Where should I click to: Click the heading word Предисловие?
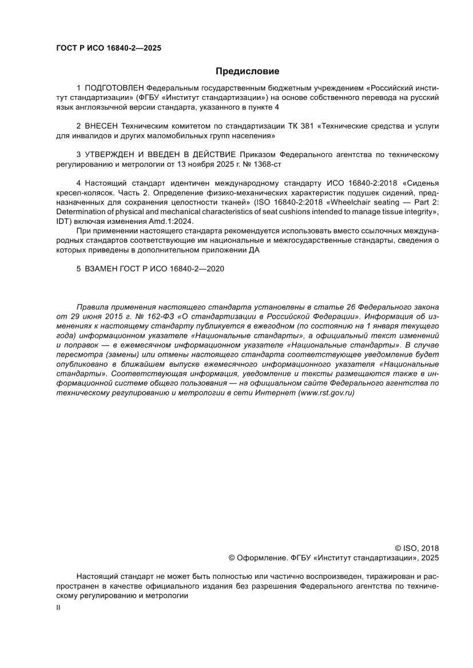(x=247, y=71)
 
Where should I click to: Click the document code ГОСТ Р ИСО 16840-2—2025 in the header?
(x=108, y=48)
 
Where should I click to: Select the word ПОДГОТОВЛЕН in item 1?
(x=114, y=88)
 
